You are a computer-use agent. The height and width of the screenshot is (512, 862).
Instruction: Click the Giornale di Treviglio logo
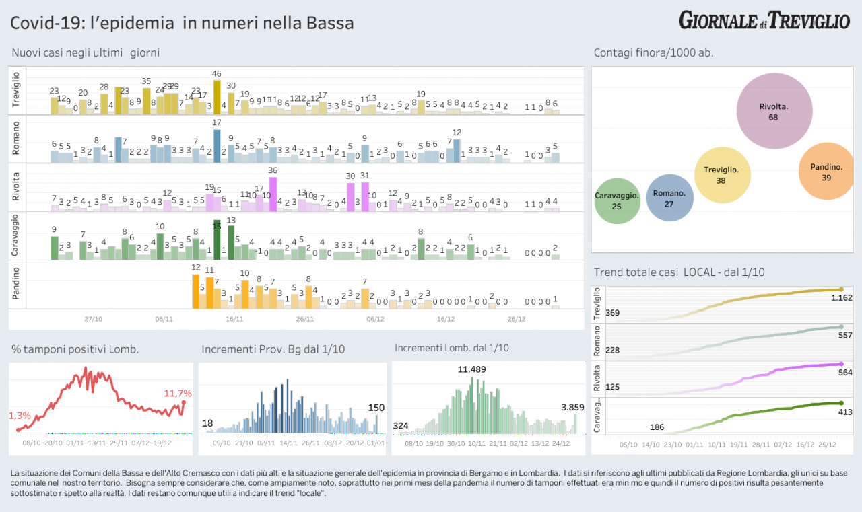(764, 20)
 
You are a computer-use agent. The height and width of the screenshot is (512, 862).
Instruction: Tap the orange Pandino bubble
(826, 171)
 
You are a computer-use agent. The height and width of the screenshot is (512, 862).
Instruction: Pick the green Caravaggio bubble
(617, 201)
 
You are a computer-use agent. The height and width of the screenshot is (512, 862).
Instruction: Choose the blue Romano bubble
(669, 198)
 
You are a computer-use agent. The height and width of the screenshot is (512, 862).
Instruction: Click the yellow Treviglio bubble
(721, 175)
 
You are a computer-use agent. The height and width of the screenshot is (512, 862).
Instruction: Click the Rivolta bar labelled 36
(273, 194)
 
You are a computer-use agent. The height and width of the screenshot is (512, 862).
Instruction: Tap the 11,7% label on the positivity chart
(178, 393)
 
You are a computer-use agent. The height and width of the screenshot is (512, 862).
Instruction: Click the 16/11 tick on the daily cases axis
(234, 320)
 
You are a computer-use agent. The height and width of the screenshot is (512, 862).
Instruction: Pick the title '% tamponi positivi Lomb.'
(75, 349)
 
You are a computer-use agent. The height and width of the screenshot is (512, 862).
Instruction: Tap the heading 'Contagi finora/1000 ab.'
(653, 52)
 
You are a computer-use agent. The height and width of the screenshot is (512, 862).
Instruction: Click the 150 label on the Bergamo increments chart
(376, 408)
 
